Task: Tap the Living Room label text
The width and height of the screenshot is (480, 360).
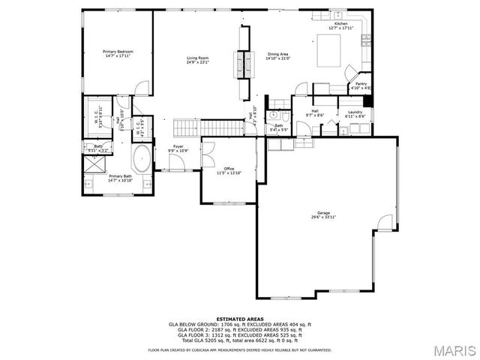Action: click(x=198, y=58)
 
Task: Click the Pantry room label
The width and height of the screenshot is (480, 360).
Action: click(x=361, y=84)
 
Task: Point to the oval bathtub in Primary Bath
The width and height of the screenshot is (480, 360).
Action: click(x=141, y=159)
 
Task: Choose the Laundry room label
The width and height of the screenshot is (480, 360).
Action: click(x=355, y=112)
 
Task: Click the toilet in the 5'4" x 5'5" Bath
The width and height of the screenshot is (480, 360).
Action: click(x=275, y=116)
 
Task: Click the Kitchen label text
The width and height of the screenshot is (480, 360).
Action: click(x=340, y=24)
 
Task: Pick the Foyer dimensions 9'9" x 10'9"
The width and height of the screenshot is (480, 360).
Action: click(x=178, y=151)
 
